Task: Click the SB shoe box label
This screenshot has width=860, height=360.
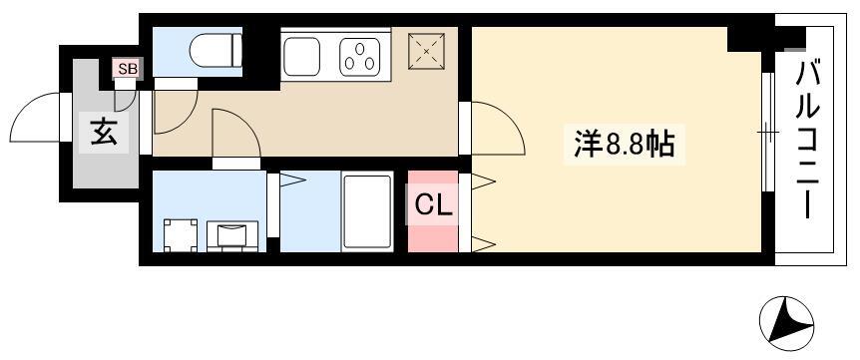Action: pos(128,69)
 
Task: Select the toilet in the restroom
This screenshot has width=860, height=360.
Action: pos(215,51)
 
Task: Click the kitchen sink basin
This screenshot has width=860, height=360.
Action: pos(301,57)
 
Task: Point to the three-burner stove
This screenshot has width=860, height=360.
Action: pos(360,57)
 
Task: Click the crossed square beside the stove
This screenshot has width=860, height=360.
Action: pos(426,51)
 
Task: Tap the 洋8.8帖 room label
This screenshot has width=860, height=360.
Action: pos(625,146)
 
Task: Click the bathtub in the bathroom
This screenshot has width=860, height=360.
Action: pos(367,211)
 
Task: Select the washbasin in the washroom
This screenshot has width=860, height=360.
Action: pos(232,235)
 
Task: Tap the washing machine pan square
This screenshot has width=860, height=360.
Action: pos(181,235)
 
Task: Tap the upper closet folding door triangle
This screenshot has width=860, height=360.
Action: pos(483,181)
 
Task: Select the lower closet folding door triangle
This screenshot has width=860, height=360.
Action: pos(483,244)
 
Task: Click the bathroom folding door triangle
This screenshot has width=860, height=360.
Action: pos(292,180)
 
